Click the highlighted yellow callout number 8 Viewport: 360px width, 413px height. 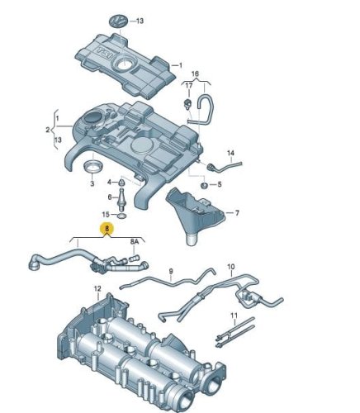pyautogui.click(x=107, y=228)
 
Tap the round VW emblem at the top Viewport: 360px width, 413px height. pyautogui.click(x=118, y=21)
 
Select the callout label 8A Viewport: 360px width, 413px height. pyautogui.click(x=135, y=242)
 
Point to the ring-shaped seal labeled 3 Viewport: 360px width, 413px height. pyautogui.click(x=93, y=167)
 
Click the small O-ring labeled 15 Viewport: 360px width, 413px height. pyautogui.click(x=122, y=216)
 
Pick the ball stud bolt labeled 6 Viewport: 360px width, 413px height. pyautogui.click(x=122, y=199)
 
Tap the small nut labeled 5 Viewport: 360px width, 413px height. pyautogui.click(x=204, y=185)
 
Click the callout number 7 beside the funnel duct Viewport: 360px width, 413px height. pyautogui.click(x=237, y=213)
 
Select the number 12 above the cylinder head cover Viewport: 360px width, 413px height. pyautogui.click(x=97, y=289)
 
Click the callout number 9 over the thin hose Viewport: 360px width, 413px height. pyautogui.click(x=171, y=272)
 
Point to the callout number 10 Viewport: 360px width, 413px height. pyautogui.click(x=231, y=267)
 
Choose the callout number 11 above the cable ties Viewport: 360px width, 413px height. pyautogui.click(x=234, y=315)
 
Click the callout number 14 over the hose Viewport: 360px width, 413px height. pyautogui.click(x=230, y=153)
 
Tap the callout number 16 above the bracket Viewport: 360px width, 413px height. pyautogui.click(x=195, y=74)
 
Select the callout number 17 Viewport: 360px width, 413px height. pyautogui.click(x=188, y=86)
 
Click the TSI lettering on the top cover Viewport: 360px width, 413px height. pyautogui.click(x=106, y=53)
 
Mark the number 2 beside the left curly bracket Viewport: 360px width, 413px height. pyautogui.click(x=48, y=130)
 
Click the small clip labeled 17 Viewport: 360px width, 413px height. pyautogui.click(x=187, y=104)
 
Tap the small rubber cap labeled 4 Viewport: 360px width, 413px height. pyautogui.click(x=121, y=182)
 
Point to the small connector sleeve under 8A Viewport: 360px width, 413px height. pyautogui.click(x=134, y=259)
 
